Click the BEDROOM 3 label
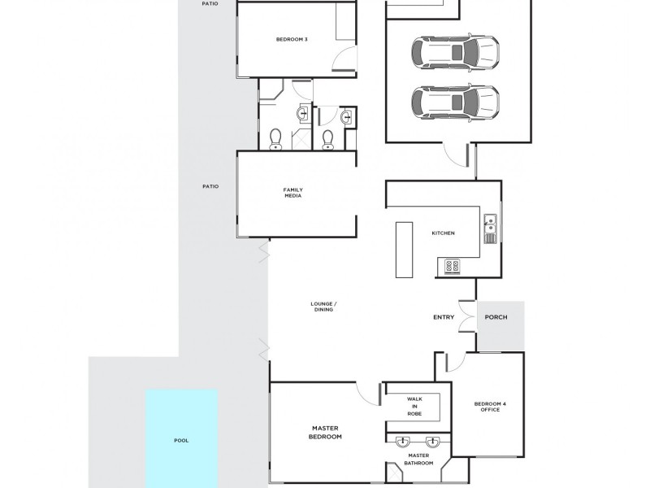coord(292,39)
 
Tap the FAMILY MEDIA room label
coord(293,193)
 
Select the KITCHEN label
coord(443,233)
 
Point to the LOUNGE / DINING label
coord(323,307)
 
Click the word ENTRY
coord(444,317)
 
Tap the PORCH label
coord(496,317)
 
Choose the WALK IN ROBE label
coord(414,406)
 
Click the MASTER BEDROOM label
coord(326,433)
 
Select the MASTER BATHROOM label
coord(418,459)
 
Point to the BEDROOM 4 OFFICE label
coord(490,407)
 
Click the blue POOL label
coord(181,440)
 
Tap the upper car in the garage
coord(456,53)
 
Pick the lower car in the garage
coord(456,102)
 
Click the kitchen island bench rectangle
coord(404,250)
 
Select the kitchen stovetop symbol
coord(452,266)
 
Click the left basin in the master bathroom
coord(402,442)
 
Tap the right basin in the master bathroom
coord(433,442)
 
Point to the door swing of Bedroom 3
coord(344,58)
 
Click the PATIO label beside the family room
coord(210,186)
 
